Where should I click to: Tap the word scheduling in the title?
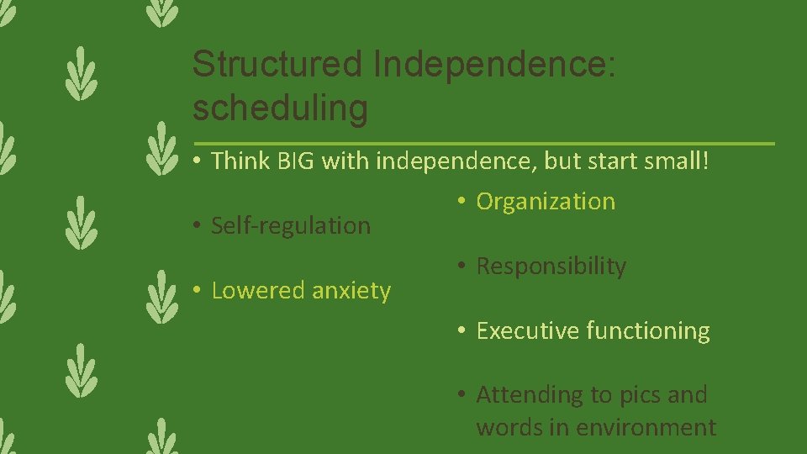(x=280, y=108)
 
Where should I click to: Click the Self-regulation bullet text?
(x=291, y=225)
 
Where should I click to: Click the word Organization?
(x=546, y=202)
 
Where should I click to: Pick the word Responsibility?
(x=551, y=267)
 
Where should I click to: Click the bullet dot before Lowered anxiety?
(x=196, y=291)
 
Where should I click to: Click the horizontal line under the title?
(x=483, y=143)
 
